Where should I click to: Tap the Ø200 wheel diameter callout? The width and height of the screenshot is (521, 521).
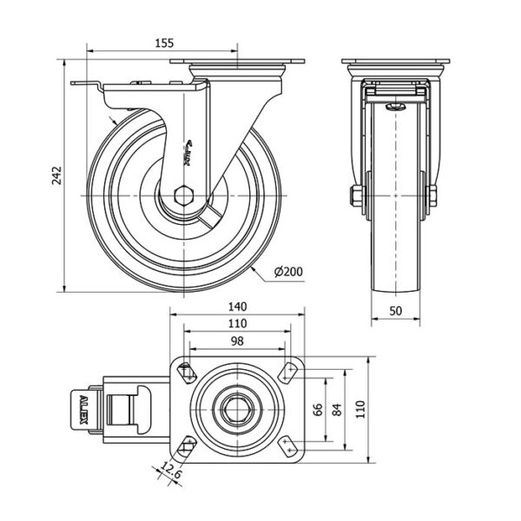coord(288,272)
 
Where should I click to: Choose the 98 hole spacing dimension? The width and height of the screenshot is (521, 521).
coord(237,341)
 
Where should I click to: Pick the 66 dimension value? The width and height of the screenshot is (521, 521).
coord(320,408)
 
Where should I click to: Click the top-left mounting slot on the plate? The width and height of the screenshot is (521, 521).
coord(186,373)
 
